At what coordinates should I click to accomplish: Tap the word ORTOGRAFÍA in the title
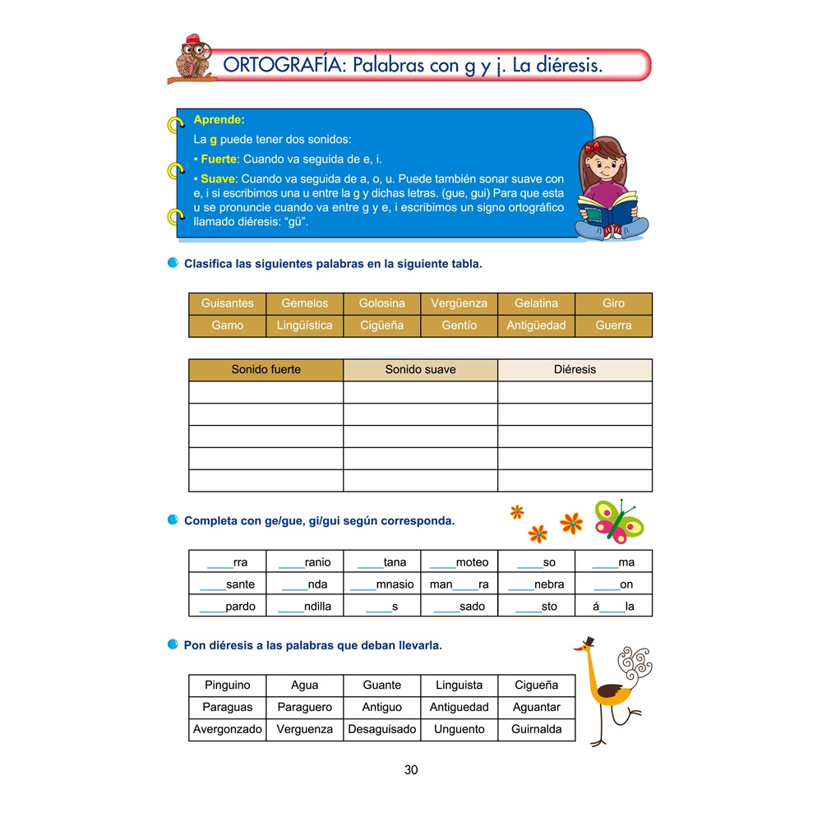point(281,66)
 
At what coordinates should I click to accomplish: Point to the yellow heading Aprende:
point(219,119)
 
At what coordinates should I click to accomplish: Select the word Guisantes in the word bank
point(228,303)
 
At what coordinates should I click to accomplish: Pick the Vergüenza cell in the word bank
point(459,303)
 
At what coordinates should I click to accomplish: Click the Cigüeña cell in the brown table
point(381,326)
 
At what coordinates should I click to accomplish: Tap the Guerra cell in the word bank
point(613,326)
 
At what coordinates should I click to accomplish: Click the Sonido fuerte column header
point(266,370)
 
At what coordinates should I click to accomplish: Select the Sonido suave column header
point(420,370)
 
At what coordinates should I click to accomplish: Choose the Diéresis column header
point(575,370)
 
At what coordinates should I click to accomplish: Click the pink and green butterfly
point(618,520)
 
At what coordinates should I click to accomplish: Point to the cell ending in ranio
point(305,562)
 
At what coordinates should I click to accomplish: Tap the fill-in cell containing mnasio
point(381,584)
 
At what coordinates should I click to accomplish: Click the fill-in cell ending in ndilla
point(305,607)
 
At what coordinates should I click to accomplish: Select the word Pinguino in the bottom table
point(228,685)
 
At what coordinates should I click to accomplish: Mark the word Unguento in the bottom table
point(459,729)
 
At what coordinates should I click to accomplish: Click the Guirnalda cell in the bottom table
point(536,729)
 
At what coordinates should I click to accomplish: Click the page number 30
point(411,770)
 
